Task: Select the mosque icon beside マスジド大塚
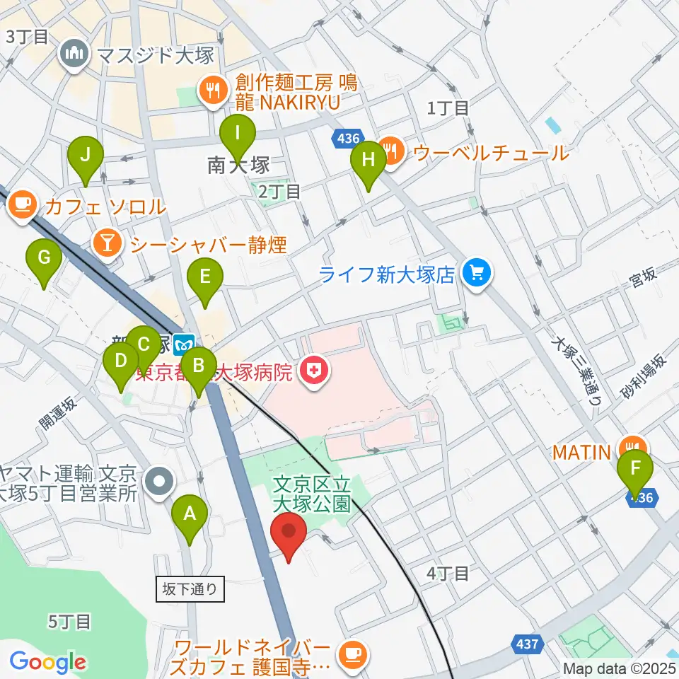click(74, 54)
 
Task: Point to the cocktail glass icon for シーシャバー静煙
click(106, 244)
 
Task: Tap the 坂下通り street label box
click(190, 588)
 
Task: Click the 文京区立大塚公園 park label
click(311, 494)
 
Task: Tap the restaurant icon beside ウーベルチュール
click(390, 149)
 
